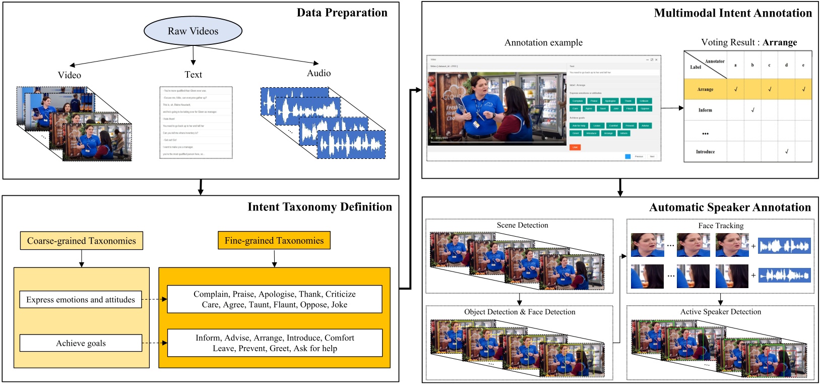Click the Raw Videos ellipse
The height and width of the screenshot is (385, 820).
pos(193,31)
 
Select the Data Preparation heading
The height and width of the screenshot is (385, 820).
pos(342,13)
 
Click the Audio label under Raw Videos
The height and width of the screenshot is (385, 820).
pos(319,73)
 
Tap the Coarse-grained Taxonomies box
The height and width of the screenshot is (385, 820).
pos(82,241)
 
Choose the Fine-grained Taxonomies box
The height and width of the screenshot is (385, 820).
pos(274,241)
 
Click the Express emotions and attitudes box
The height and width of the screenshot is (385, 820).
pos(81,300)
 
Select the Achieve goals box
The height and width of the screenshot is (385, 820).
pos(81,343)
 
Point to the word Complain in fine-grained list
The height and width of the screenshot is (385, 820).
pos(211,294)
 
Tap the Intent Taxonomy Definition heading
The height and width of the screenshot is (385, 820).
pos(320,207)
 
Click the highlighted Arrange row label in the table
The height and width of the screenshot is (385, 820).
pos(705,89)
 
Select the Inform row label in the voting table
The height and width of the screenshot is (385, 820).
pos(705,110)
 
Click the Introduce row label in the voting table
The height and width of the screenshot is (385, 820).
pos(705,151)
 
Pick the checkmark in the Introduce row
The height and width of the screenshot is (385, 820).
pos(786,151)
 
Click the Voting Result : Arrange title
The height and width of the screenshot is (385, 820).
pos(749,42)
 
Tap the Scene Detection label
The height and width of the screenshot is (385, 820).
pos(522,225)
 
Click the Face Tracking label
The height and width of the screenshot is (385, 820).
pos(721,226)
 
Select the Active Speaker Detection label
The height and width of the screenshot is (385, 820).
pos(721,312)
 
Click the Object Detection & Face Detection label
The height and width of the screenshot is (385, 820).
pos(520,312)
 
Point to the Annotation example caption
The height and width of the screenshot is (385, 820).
pos(543,43)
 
